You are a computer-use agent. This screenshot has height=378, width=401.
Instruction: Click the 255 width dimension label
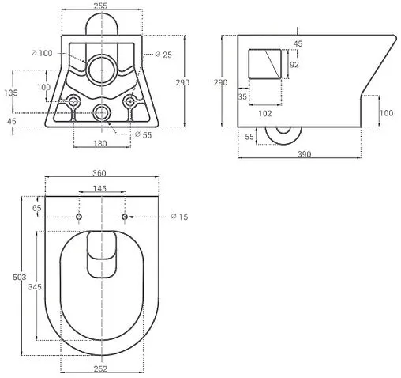[x=100, y=6]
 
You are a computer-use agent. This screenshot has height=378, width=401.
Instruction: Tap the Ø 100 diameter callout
[x=42, y=53]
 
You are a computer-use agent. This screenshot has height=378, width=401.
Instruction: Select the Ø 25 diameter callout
[x=163, y=55]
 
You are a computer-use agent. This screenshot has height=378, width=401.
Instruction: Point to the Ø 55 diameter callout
[x=143, y=135]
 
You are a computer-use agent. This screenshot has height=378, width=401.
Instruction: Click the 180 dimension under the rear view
[x=100, y=143]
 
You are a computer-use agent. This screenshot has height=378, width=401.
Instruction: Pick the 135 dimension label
[x=11, y=93]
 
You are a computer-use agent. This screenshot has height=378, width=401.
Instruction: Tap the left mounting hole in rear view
[x=73, y=101]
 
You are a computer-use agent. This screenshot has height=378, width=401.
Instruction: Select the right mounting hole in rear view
[x=130, y=101]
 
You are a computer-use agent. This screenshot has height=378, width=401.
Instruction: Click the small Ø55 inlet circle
[x=102, y=113]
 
